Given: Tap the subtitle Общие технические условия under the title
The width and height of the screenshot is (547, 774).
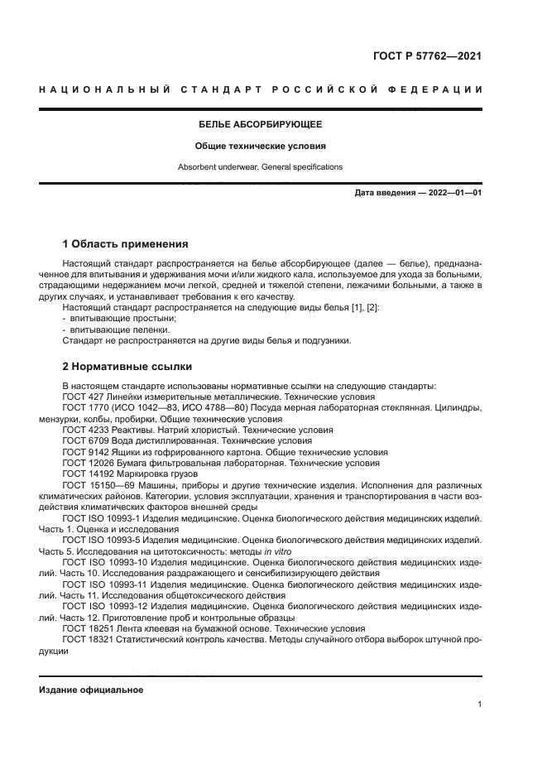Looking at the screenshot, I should (x=260, y=146).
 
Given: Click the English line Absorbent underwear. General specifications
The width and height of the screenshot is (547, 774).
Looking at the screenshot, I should (x=260, y=167).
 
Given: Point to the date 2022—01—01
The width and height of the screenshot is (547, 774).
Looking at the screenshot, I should (x=454, y=193).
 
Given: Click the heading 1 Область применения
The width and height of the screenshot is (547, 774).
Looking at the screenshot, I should (x=125, y=244).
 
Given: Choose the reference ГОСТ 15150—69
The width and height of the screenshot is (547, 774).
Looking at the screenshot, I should (x=98, y=485).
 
